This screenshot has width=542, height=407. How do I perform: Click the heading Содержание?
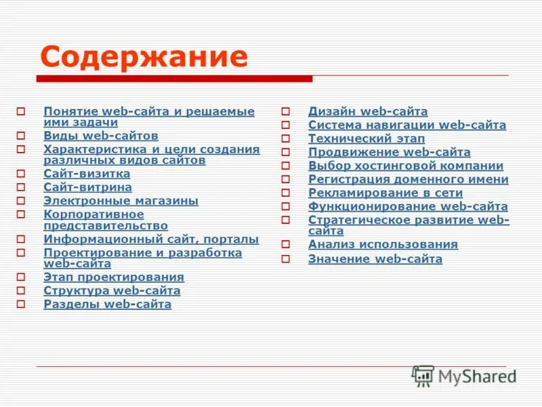coord(144,57)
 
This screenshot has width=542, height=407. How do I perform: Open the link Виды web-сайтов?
coord(100,136)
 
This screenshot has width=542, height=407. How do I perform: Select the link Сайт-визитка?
coord(87,174)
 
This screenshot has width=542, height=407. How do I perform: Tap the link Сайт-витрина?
coord(87,187)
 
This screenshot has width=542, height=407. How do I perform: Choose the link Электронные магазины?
coord(121,201)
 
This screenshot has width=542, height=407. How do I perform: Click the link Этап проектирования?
coord(114,277)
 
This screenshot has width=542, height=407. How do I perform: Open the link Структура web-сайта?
coord(112,290)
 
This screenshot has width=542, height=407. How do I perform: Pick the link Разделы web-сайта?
coord(107,304)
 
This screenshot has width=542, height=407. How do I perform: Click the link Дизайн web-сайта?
coord(368,111)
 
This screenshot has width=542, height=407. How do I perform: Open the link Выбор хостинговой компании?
coord(406,166)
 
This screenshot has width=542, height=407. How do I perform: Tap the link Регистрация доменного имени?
coord(408,179)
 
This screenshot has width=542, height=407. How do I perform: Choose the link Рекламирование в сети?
coord(385,193)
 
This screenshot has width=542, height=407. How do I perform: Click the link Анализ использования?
coord(383,244)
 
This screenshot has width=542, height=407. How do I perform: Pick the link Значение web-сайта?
coord(375,258)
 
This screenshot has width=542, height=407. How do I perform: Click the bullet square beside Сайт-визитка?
coord(21,174)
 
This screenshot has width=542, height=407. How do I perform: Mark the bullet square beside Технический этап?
coord(286,139)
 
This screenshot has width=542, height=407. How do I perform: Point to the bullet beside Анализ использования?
coord(286,245)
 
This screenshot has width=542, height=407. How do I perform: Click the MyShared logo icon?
coord(423,376)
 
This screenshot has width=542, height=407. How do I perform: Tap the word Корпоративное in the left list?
coord(93,214)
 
